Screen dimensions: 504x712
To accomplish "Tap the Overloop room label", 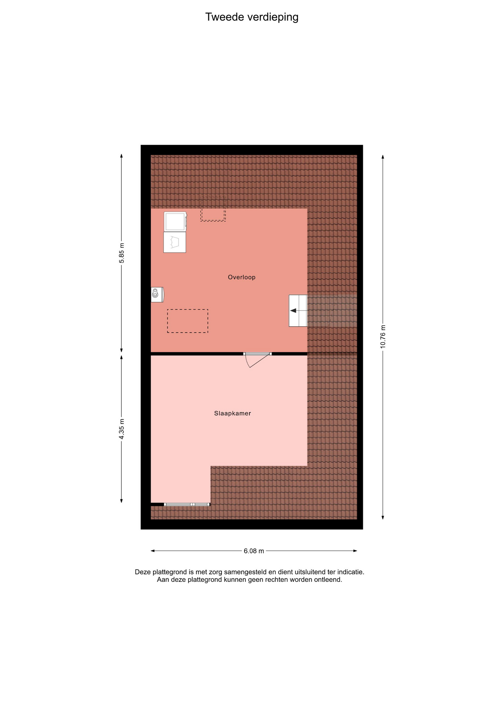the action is (x=242, y=277).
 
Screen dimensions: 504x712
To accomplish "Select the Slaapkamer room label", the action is (x=233, y=413).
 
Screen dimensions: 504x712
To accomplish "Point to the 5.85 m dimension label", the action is (x=122, y=253).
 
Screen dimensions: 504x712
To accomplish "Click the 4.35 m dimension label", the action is (x=122, y=429).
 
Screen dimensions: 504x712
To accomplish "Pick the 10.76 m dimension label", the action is (x=383, y=336).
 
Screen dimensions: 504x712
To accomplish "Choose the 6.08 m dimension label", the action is (x=254, y=551).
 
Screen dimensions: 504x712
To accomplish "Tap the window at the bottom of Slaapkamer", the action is (x=187, y=504).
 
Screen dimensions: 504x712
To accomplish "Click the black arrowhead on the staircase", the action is (x=293, y=310).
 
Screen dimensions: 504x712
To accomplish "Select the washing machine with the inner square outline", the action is (x=175, y=222).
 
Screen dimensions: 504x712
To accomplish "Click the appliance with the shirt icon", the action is (x=175, y=243).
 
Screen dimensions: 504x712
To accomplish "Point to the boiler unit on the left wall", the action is (x=157, y=294).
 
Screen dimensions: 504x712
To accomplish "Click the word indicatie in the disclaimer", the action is (x=350, y=572).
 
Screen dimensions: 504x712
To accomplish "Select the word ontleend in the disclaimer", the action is (x=328, y=580).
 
